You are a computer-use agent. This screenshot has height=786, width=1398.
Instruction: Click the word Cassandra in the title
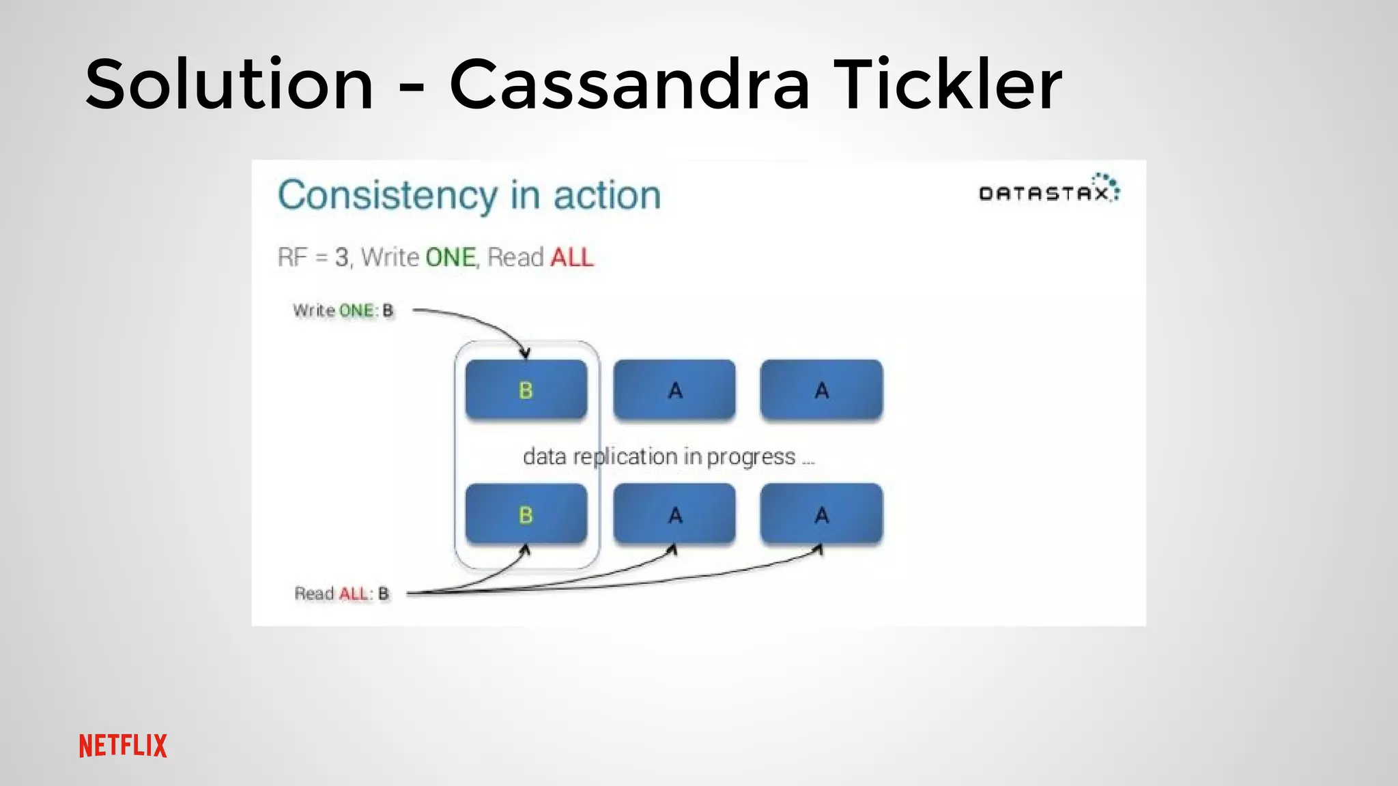pos(629,85)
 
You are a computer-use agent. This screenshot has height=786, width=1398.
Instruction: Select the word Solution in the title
pos(229,85)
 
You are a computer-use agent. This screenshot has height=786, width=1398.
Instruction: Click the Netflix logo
pos(123,746)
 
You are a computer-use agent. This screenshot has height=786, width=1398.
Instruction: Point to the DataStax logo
pos(1048,190)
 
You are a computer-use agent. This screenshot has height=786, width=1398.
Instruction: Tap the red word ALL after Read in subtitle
pos(572,258)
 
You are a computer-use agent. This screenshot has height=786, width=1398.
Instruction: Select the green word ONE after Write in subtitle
pos(451,258)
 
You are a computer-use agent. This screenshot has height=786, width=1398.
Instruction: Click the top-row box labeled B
pos(526,390)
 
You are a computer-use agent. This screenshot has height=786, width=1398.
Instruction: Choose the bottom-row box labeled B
pos(526,514)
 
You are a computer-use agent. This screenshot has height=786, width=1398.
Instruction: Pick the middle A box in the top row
pos(674,390)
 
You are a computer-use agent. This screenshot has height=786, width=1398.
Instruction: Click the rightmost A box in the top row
pos(821,390)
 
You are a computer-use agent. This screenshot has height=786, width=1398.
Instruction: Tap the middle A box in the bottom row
pos(674,514)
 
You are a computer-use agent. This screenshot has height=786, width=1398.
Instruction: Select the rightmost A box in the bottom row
pos(821,514)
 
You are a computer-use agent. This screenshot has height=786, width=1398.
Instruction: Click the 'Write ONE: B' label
pos(343,311)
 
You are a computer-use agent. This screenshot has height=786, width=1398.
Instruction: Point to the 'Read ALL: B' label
pos(341,594)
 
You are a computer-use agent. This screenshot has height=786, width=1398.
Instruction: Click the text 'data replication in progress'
pos(659,456)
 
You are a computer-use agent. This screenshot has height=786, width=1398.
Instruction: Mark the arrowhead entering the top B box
pos(525,353)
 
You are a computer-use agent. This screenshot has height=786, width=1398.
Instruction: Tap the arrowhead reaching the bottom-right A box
pos(819,549)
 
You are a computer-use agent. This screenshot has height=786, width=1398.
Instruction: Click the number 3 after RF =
pos(341,258)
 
